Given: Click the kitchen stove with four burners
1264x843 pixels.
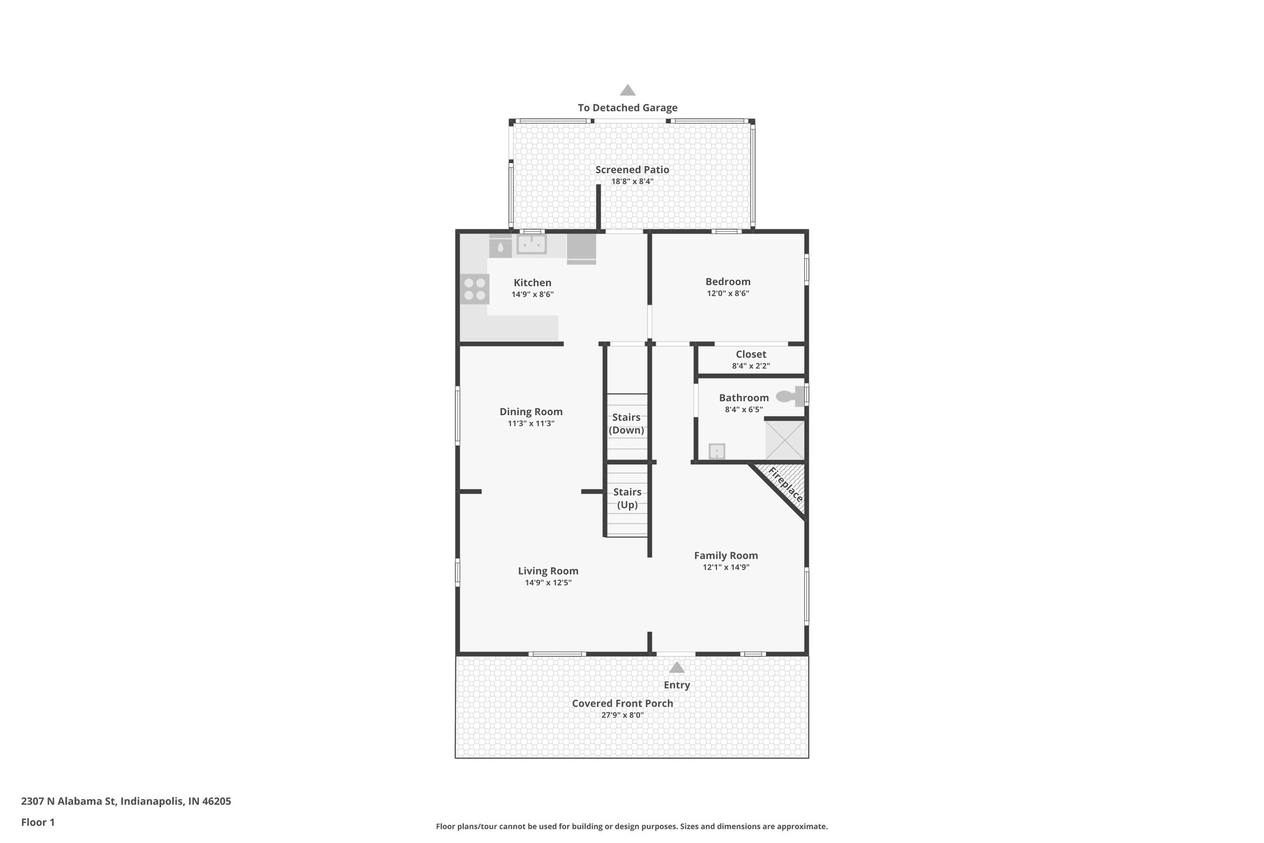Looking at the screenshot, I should [x=475, y=289].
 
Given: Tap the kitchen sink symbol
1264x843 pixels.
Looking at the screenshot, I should [x=531, y=244].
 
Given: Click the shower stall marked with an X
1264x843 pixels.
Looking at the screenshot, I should [x=785, y=440].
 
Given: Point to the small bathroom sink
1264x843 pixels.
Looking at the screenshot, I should [x=717, y=451].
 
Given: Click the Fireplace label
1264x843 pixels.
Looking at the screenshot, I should [x=785, y=485].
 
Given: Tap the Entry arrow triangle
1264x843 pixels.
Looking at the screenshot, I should [x=676, y=668].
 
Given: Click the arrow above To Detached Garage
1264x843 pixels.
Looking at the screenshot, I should [x=628, y=90].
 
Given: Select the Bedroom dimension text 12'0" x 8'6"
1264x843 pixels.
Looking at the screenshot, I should [x=728, y=294].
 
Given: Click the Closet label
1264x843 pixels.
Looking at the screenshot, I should [x=750, y=354].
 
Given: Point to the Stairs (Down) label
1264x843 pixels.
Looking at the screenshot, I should [x=626, y=424].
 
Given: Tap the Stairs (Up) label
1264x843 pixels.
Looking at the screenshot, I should [x=627, y=498].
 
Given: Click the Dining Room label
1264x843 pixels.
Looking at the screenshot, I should [x=531, y=412].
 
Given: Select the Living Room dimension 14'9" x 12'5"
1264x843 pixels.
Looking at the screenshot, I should [x=547, y=582].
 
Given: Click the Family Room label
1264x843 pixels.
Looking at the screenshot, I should [x=726, y=556].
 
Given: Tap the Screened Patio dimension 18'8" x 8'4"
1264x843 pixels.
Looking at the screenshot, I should [x=632, y=182].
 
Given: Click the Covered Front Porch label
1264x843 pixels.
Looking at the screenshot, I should [x=622, y=703].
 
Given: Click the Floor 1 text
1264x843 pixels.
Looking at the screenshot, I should [x=38, y=822].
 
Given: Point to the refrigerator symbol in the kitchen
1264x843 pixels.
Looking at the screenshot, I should [x=581, y=247].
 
